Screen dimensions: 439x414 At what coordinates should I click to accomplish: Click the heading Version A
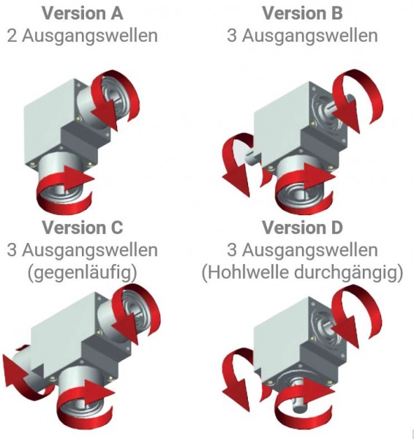[x=83, y=13]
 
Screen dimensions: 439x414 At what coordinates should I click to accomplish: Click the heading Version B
[x=302, y=13]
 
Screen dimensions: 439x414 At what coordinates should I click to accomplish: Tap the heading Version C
[x=83, y=228]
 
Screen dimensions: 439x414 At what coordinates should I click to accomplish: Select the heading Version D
[x=302, y=228]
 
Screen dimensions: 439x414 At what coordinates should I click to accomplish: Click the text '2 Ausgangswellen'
[x=83, y=35]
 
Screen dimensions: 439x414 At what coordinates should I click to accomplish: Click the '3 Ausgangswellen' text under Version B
[x=302, y=35]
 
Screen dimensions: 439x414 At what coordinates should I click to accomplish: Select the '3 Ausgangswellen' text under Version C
[x=83, y=250]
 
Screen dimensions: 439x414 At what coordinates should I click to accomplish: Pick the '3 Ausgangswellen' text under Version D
[x=302, y=250]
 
